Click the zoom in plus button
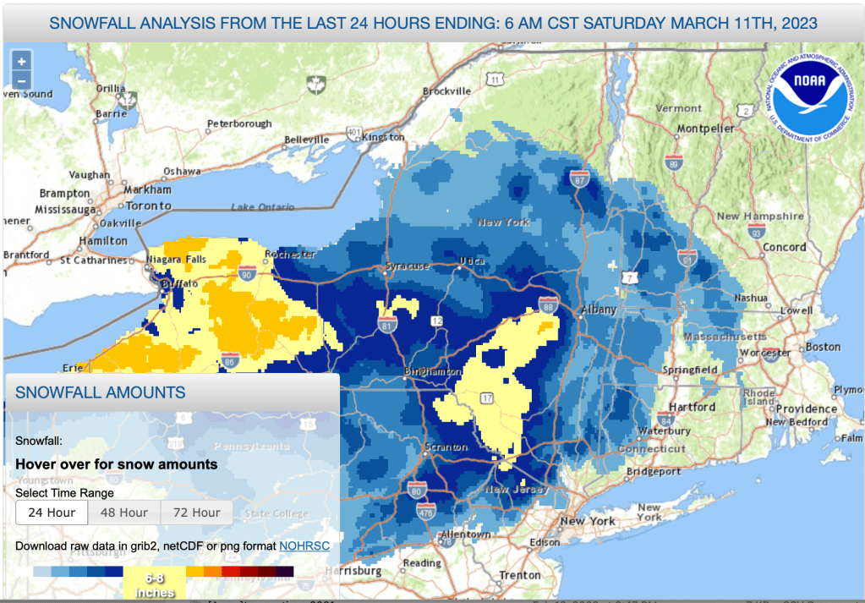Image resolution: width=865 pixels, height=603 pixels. pyautogui.click(x=21, y=61)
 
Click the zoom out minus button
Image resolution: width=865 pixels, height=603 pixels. pyautogui.click(x=21, y=81)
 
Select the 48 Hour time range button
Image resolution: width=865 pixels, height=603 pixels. pyautogui.click(x=124, y=513)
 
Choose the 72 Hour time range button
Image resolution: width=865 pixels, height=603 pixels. pyautogui.click(x=197, y=513)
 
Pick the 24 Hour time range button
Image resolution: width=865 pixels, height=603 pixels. pyautogui.click(x=52, y=513)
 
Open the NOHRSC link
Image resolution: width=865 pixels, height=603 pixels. pyautogui.click(x=304, y=546)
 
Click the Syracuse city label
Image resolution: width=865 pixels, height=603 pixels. pyautogui.click(x=408, y=266)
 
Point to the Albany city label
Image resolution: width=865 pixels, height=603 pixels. pyautogui.click(x=599, y=310)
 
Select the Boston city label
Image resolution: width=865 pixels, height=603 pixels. pyautogui.click(x=823, y=347)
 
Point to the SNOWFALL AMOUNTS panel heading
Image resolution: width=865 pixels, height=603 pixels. pyautogui.click(x=101, y=392)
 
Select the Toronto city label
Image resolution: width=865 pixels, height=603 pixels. pyautogui.click(x=148, y=206)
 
